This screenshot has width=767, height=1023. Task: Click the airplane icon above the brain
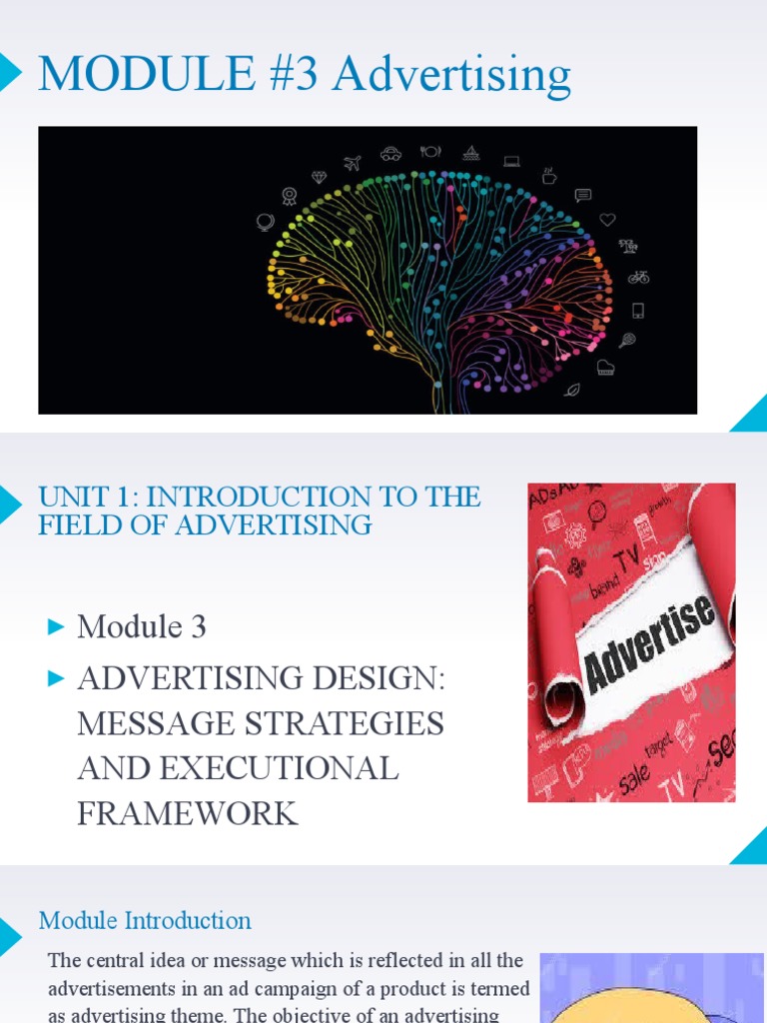[x=352, y=163]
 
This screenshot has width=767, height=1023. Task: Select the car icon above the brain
[x=390, y=154]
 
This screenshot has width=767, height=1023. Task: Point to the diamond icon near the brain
[x=319, y=177]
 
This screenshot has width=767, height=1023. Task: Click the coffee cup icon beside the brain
[x=549, y=176]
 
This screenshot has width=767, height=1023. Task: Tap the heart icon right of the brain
[x=607, y=220]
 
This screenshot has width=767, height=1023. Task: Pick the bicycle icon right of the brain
[x=638, y=277]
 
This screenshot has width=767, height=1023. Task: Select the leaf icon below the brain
[x=571, y=390]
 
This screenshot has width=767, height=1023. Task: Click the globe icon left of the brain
[x=265, y=222]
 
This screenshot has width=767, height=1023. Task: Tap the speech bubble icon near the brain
[x=583, y=195]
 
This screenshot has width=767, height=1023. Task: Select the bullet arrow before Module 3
[x=56, y=627]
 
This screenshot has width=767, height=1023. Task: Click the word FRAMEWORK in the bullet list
[x=188, y=813]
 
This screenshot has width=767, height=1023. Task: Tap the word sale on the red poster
[x=634, y=774]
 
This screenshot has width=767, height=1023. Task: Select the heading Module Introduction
[x=145, y=920]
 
